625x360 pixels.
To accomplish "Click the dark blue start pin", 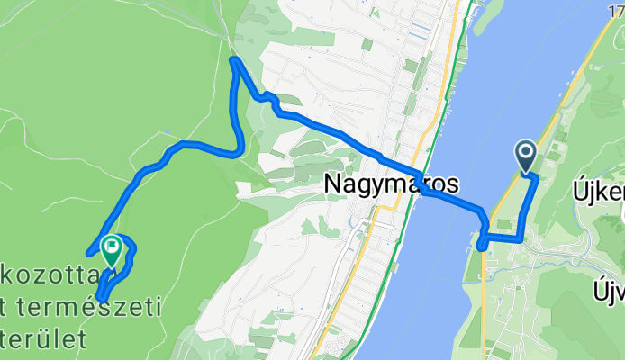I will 526,155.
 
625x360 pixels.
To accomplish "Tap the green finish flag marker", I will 112,248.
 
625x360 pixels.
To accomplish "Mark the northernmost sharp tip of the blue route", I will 233,60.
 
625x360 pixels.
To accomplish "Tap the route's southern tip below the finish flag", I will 99,298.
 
